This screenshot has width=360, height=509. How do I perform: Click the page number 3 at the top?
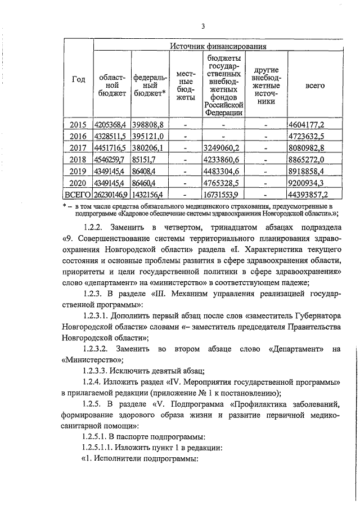pos(203,25)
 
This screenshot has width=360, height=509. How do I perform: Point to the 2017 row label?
pos(78,147)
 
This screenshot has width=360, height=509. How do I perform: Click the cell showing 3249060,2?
pos(223,147)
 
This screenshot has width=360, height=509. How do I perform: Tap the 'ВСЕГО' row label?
pos(78,195)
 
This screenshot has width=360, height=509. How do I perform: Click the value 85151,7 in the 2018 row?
pos(145,159)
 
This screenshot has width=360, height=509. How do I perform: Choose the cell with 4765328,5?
pos(223,183)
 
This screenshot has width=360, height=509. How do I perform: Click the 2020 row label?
pos(78,183)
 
